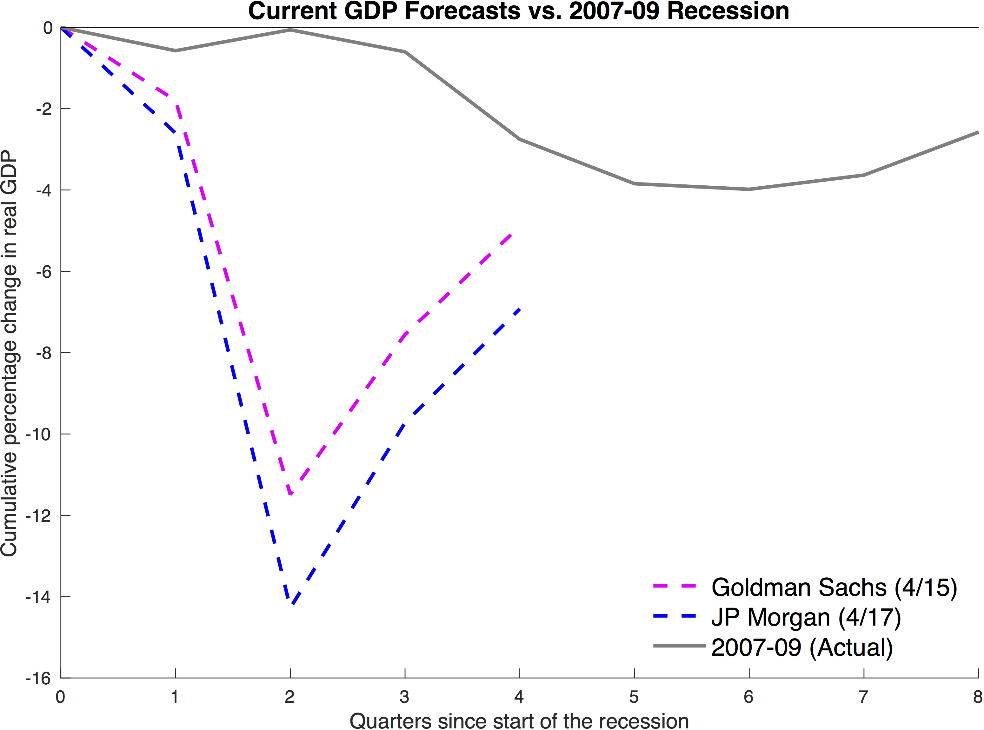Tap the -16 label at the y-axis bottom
38,679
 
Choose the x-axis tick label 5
634,697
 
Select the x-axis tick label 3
404,697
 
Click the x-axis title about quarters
519,720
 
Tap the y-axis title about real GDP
10,354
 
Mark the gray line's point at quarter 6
749,189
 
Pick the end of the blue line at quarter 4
520,309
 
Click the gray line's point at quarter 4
520,139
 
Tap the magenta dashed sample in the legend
675,587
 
